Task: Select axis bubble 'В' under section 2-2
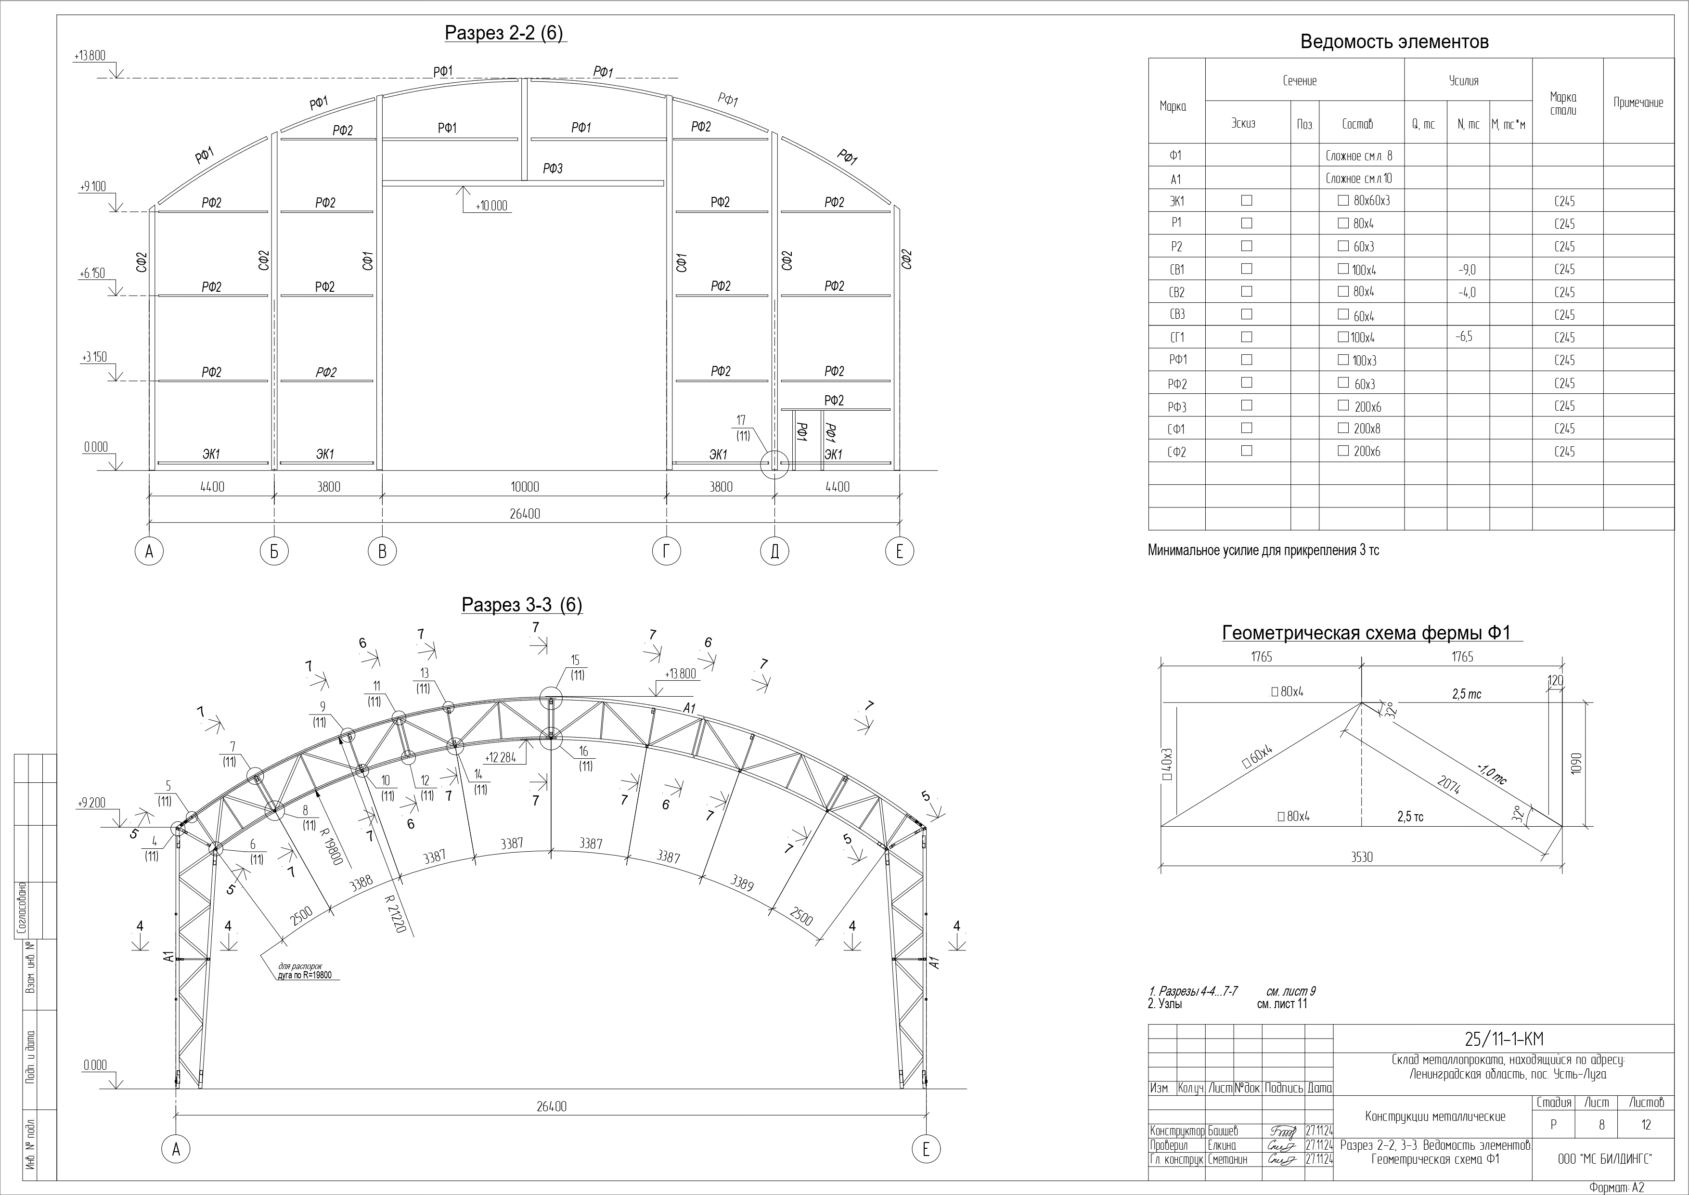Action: coord(382,551)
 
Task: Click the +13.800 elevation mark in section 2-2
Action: coord(90,56)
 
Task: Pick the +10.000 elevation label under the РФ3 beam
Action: coord(491,206)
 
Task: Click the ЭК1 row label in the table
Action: coord(1176,201)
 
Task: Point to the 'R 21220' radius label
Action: coord(395,914)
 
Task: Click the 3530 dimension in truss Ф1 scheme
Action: coord(1362,857)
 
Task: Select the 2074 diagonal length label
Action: coord(1448,785)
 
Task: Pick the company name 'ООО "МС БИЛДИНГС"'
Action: coord(1604,1159)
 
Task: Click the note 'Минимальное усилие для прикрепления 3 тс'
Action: coord(1263,550)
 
